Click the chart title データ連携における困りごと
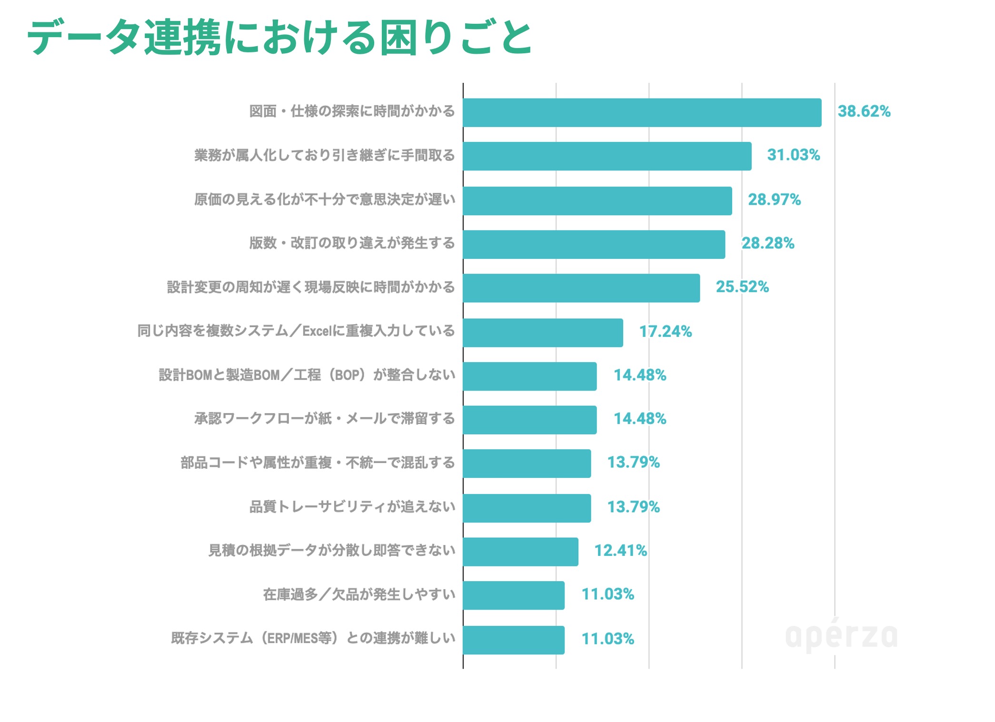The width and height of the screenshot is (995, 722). click(x=279, y=37)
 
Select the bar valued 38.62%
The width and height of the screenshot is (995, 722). click(x=642, y=113)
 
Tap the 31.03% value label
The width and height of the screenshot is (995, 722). click(x=793, y=155)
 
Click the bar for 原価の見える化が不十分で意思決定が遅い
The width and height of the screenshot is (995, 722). click(x=597, y=201)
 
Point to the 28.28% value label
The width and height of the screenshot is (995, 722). click(x=768, y=244)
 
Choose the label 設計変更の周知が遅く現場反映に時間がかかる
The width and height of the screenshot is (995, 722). click(x=311, y=287)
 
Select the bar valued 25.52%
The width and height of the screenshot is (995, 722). click(x=581, y=288)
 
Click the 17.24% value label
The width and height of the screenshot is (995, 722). click(x=665, y=332)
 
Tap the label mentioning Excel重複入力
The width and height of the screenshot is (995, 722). click(x=296, y=331)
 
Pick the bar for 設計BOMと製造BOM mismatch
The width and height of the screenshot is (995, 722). click(x=529, y=376)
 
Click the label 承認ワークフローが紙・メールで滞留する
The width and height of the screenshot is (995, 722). click(x=325, y=419)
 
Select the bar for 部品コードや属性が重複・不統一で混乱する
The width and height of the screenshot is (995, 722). click(x=527, y=464)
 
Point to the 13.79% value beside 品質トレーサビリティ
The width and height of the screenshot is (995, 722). click(x=633, y=507)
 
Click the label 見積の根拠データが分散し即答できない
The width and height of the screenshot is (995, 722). click(x=332, y=551)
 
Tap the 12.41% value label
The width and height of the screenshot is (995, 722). click(x=620, y=551)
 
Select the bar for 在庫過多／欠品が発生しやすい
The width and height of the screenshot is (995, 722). click(x=513, y=595)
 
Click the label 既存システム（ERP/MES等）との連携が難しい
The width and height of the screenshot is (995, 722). click(x=313, y=638)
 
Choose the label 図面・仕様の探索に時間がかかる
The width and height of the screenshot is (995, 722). click(x=352, y=112)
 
